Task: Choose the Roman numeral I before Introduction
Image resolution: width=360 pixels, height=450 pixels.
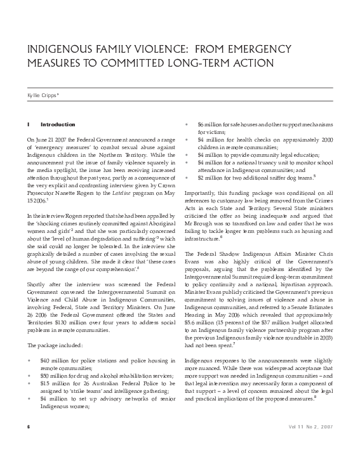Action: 28,124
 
